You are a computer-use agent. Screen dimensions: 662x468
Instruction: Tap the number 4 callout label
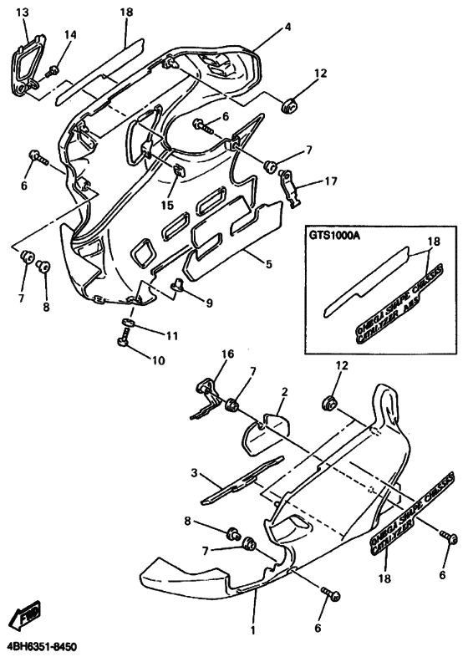coord(287,28)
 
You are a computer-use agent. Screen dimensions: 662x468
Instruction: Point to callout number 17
coord(332,180)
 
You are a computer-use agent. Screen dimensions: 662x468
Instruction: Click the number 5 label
coord(269,264)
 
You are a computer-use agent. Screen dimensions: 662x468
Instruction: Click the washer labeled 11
coord(130,323)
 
